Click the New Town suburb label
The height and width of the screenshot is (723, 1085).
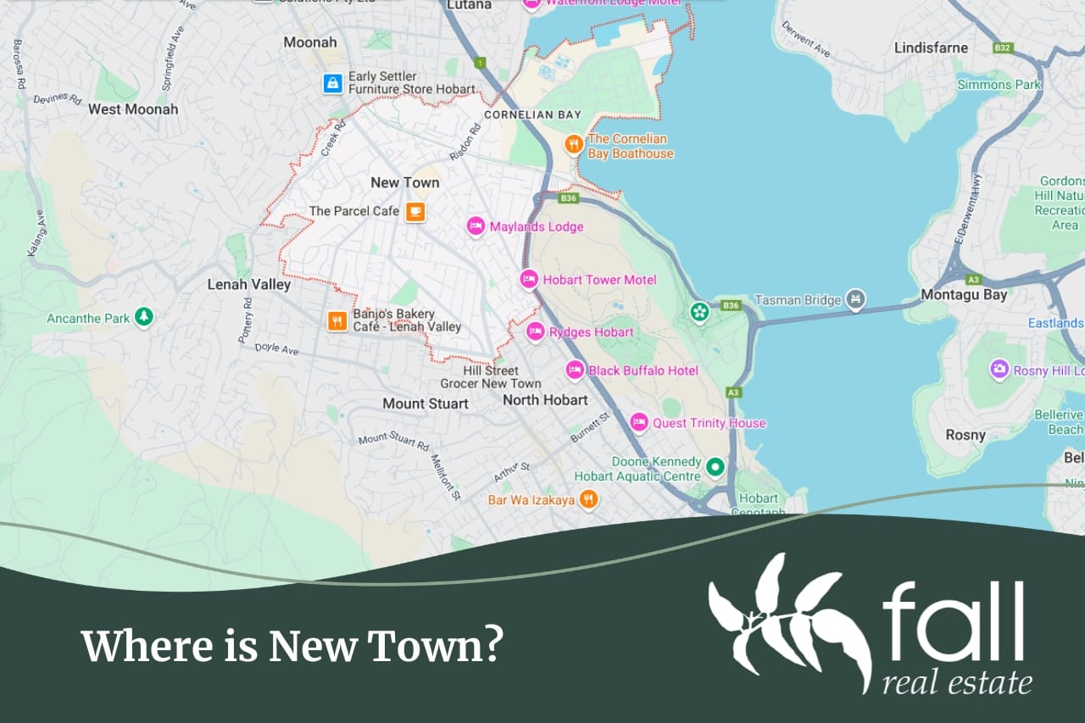405,182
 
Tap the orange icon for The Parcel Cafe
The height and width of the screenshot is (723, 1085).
415,211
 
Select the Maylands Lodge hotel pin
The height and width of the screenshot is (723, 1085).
476,226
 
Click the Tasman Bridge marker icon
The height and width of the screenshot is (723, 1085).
857,299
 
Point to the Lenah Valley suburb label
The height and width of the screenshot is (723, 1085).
249,285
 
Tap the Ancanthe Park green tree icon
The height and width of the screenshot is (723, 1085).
144,318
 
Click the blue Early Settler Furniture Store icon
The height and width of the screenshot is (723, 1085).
333,83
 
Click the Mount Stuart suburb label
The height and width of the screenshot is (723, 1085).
426,403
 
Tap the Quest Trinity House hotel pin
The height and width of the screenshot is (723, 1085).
638,422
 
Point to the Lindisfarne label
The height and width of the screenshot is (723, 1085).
931,47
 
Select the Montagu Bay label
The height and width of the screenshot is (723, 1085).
965,295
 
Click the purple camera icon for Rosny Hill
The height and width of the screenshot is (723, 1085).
999,370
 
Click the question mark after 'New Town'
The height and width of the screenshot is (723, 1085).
492,647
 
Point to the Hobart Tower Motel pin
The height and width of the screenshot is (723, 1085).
529,279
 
